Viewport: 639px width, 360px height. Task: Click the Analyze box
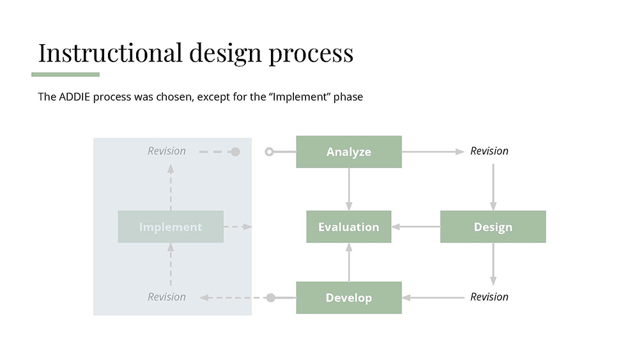click(x=348, y=152)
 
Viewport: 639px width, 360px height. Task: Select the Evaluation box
click(x=348, y=227)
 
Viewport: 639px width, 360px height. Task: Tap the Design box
click(x=493, y=227)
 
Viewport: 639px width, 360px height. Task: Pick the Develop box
click(x=348, y=297)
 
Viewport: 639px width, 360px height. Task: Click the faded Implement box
click(x=171, y=227)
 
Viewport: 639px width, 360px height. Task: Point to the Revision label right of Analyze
click(x=489, y=151)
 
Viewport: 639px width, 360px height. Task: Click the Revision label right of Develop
click(x=489, y=297)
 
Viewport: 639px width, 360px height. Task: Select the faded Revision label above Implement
click(x=167, y=151)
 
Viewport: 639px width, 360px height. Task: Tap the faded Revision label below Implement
click(x=167, y=297)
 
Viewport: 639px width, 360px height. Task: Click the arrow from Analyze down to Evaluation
click(x=349, y=189)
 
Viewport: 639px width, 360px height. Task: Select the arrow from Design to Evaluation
click(x=415, y=227)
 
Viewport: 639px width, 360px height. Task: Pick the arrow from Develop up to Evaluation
click(x=349, y=262)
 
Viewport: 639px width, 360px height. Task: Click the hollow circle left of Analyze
click(x=269, y=152)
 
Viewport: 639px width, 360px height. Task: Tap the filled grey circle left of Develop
click(x=270, y=297)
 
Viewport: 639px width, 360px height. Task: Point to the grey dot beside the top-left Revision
click(x=235, y=152)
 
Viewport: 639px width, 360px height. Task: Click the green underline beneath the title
click(x=65, y=74)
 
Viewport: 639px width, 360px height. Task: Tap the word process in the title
click(x=311, y=52)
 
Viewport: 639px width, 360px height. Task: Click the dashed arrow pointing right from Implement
click(x=238, y=227)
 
